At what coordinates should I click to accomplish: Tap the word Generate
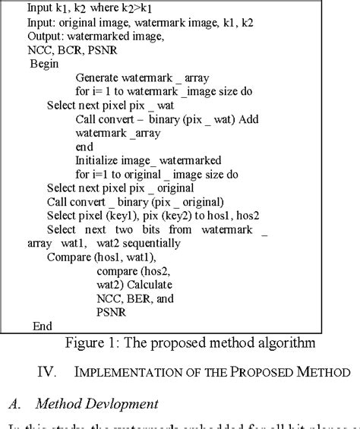point(100,77)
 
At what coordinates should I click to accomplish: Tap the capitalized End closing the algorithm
point(43,326)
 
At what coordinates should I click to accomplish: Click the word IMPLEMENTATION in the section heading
point(125,371)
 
